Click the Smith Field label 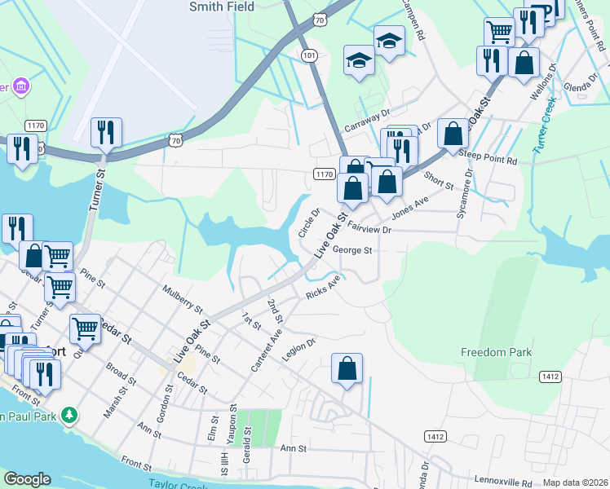point(222,7)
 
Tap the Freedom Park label point(496,352)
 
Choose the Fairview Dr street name point(370,230)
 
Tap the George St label point(353,250)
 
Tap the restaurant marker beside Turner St point(106,132)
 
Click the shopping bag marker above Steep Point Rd point(453,134)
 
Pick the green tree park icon point(70,415)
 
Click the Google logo point(27,479)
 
